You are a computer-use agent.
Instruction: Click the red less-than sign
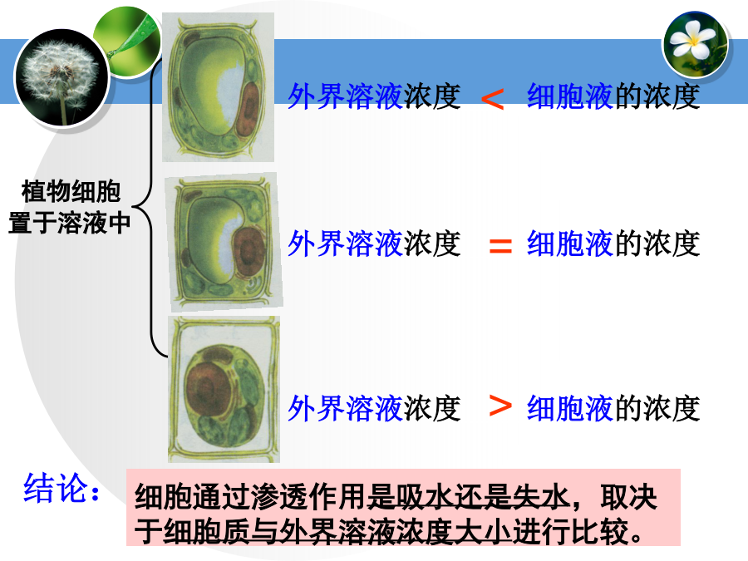(492, 99)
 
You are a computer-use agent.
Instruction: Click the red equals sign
(500, 246)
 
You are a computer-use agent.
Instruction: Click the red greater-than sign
(500, 406)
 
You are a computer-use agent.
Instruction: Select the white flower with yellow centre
(696, 43)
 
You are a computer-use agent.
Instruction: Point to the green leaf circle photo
(128, 41)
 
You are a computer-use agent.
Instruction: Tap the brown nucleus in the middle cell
(249, 251)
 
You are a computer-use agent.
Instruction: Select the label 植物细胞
(71, 192)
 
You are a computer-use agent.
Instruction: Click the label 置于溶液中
(69, 223)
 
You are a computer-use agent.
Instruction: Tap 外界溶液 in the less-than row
(346, 97)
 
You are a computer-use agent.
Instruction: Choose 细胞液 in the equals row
(569, 244)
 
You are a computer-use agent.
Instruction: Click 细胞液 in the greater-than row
(569, 408)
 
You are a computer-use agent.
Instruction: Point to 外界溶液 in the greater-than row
(346, 408)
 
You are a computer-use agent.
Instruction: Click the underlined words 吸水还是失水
(483, 498)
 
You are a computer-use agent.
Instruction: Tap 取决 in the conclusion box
(629, 498)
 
